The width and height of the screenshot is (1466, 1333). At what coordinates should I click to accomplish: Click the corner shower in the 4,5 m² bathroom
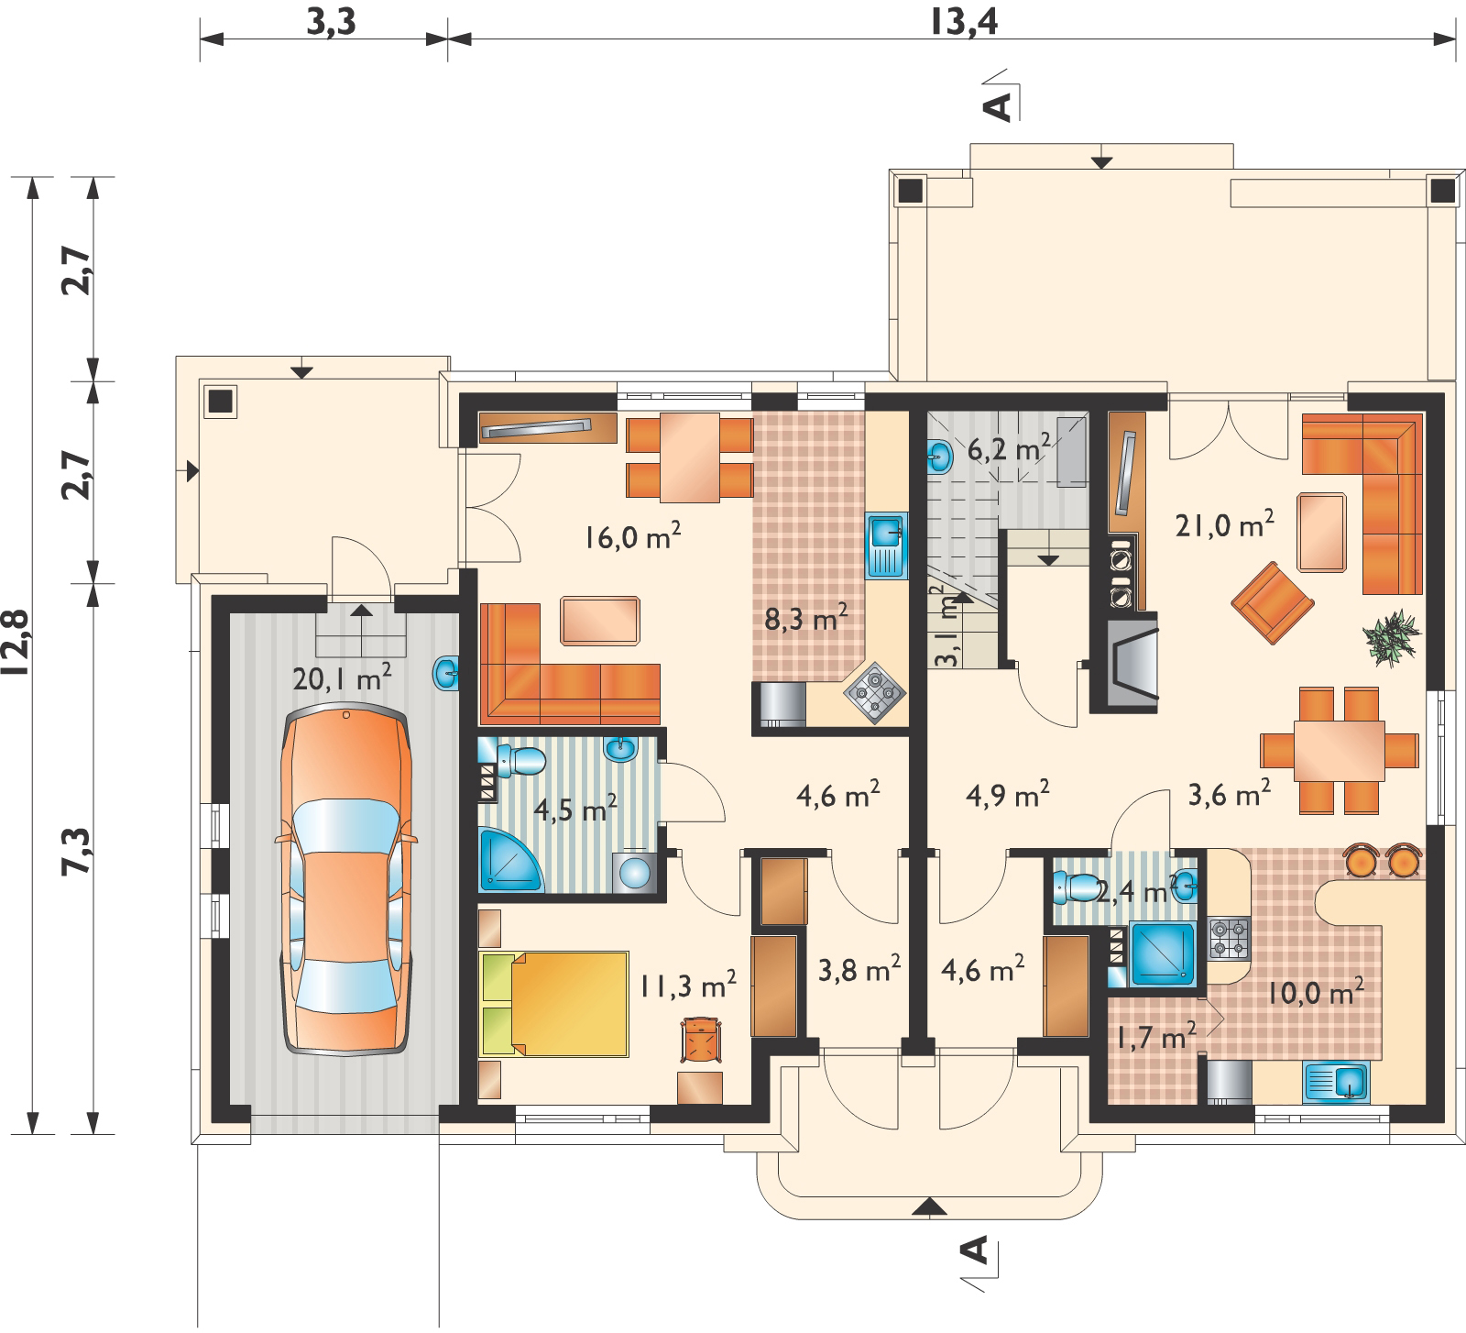(x=509, y=860)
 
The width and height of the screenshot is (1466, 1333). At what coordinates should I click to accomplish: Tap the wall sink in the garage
(x=446, y=675)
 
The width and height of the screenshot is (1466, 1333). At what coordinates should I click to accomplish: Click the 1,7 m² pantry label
(x=1155, y=1038)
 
